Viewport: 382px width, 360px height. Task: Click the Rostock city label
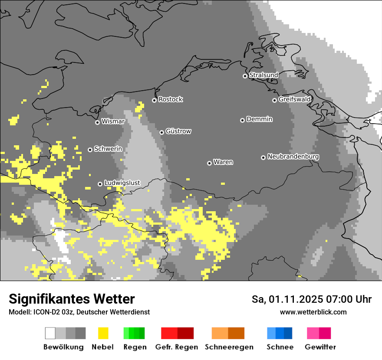click(x=170, y=99)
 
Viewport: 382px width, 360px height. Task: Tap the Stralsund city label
click(x=263, y=75)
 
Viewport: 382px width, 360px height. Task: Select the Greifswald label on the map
click(x=294, y=99)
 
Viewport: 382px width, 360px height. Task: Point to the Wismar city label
click(x=113, y=121)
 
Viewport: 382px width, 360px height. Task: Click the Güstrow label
click(x=178, y=131)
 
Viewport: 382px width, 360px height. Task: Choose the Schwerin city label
click(x=108, y=149)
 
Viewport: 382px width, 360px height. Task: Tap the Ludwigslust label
click(x=122, y=183)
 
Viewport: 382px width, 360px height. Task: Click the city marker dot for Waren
click(x=209, y=163)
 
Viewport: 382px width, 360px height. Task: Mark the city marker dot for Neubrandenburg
click(x=263, y=157)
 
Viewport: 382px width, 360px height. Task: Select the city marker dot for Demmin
click(x=242, y=120)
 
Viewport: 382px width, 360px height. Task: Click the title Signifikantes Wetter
click(x=72, y=299)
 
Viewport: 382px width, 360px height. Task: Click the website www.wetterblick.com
click(x=313, y=312)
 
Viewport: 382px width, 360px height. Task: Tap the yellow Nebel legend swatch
click(x=103, y=333)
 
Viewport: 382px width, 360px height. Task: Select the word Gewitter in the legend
click(x=320, y=347)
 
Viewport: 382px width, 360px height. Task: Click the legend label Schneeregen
click(x=229, y=347)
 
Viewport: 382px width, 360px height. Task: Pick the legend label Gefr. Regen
click(x=176, y=347)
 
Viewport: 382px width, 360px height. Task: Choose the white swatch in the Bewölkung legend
click(x=50, y=333)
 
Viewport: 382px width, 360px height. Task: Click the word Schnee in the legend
click(x=280, y=347)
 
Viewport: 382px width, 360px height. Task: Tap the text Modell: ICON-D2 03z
click(x=41, y=312)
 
